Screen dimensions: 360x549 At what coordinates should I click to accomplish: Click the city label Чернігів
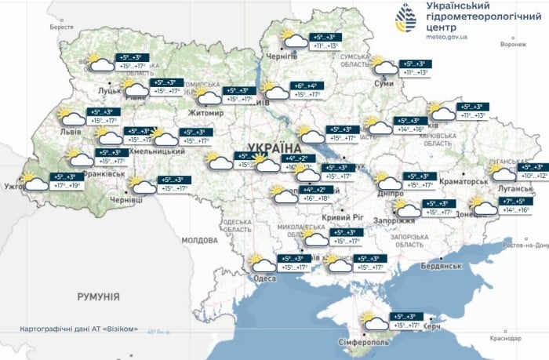(281, 56)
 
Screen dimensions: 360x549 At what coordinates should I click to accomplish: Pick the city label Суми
(385, 82)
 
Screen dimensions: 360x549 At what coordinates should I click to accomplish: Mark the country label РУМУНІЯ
(98, 296)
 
